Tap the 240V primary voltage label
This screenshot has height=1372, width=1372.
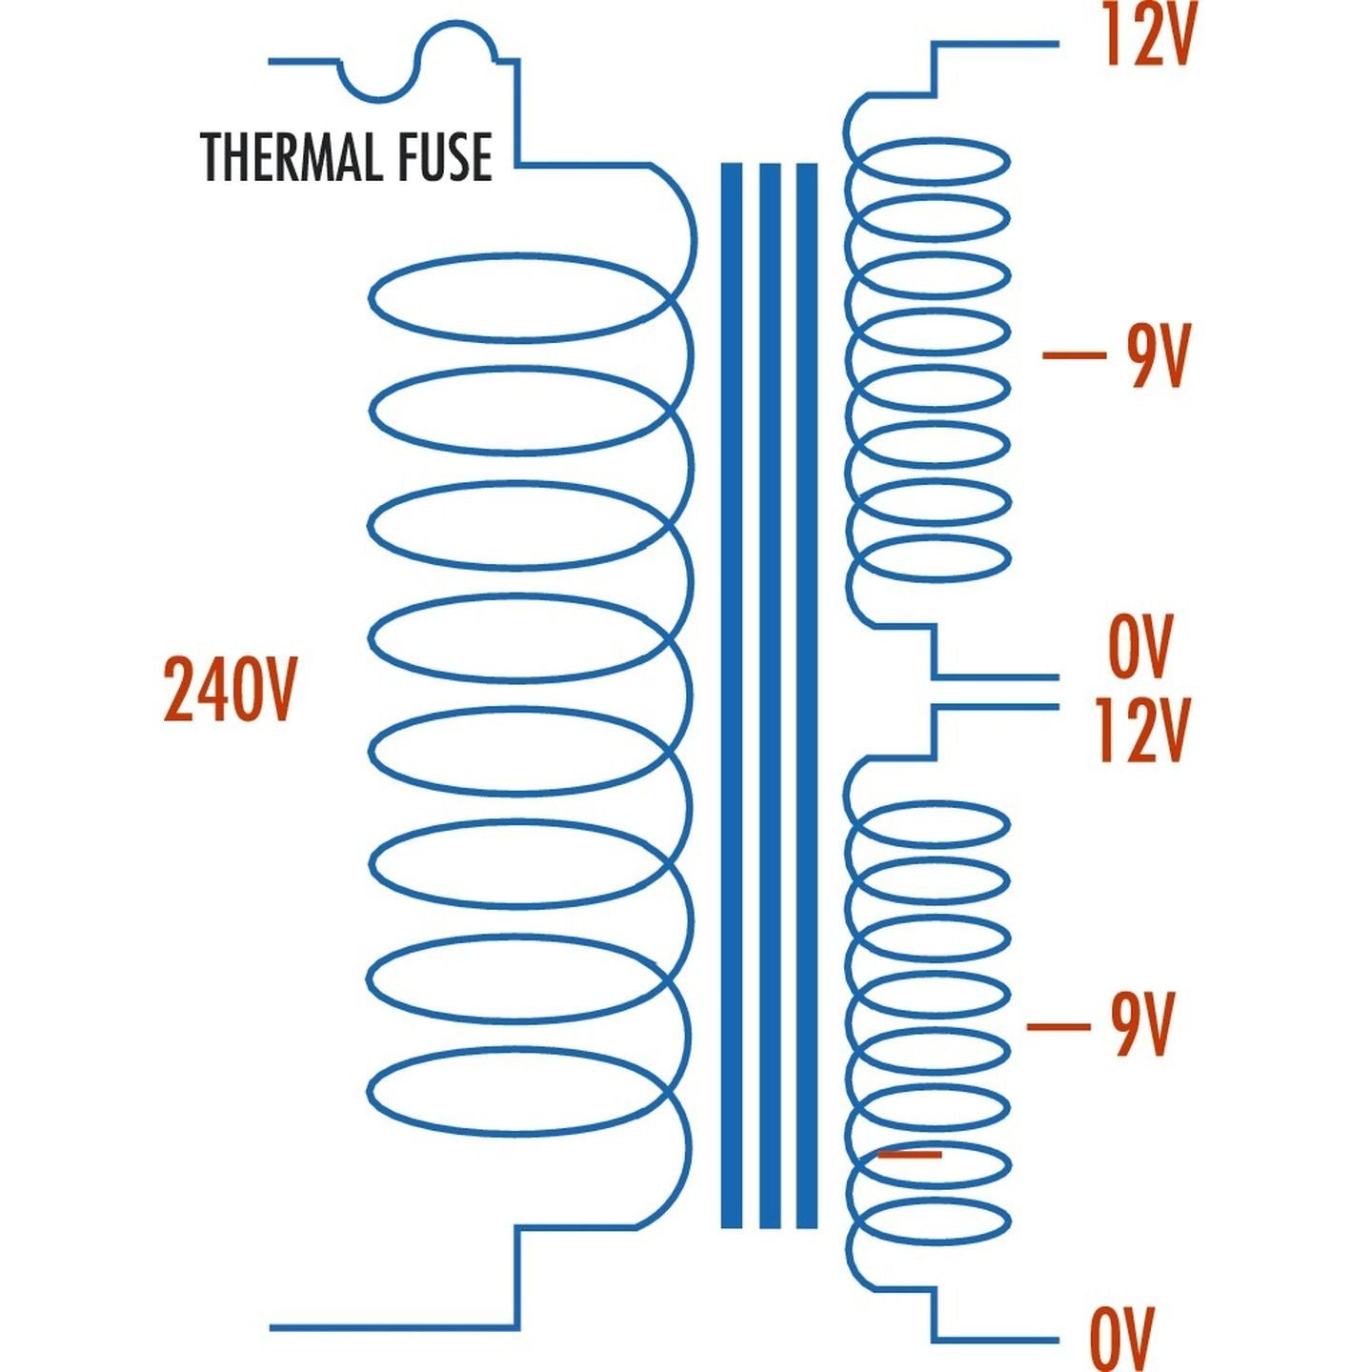[x=230, y=688]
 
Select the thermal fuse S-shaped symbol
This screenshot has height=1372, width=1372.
[x=418, y=62]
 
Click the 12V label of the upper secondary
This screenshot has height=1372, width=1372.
[x=1147, y=35]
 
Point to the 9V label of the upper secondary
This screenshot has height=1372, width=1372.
[x=1158, y=355]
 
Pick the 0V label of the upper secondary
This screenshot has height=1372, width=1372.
[x=1140, y=646]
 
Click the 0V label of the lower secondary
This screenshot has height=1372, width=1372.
[x=1122, y=1339]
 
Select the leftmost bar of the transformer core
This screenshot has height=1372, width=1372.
[x=731, y=696]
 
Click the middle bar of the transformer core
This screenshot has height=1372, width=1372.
[x=770, y=696]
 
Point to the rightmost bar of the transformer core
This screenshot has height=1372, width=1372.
[x=806, y=696]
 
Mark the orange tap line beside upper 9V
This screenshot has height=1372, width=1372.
[x=1074, y=355]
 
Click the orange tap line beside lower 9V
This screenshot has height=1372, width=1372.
[x=1058, y=1026]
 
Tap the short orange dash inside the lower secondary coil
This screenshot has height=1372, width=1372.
[x=910, y=1154]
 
